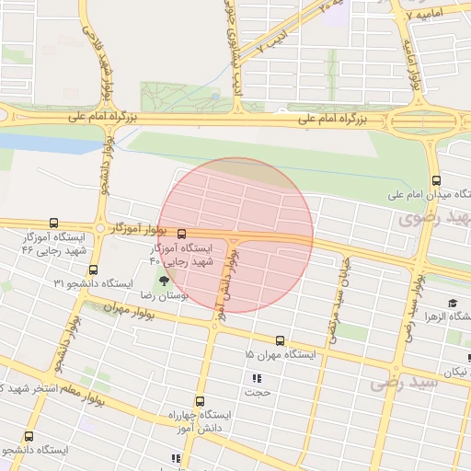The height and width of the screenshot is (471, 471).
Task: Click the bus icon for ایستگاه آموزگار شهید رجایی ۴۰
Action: (x=181, y=234)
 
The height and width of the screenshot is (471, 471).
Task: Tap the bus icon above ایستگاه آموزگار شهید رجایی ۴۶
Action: (x=53, y=223)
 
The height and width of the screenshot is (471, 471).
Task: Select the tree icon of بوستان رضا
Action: (x=164, y=281)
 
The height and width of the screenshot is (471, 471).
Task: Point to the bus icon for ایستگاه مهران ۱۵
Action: (x=280, y=340)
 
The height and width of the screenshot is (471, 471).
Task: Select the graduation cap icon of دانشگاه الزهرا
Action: (x=453, y=303)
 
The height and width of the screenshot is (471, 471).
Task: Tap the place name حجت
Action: (x=257, y=394)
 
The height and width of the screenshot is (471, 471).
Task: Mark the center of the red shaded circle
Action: (x=235, y=235)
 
